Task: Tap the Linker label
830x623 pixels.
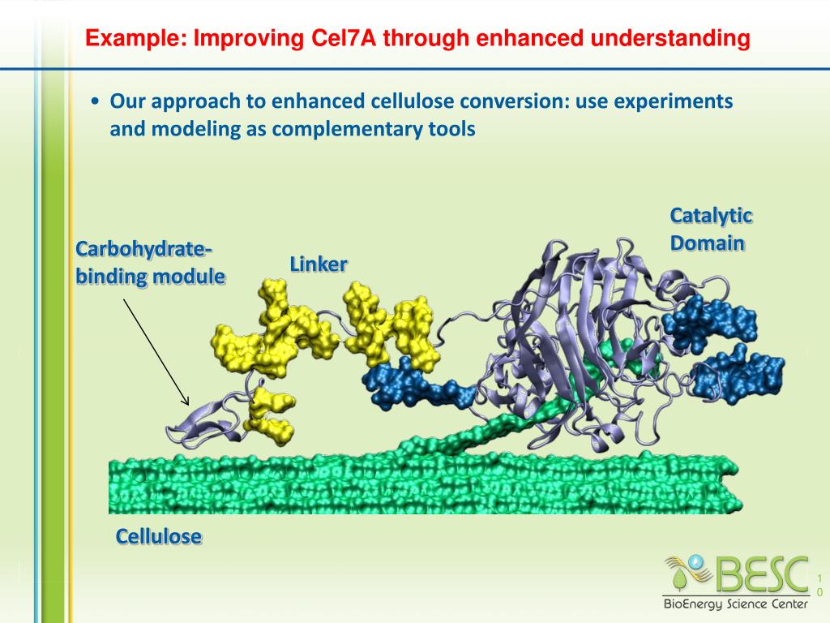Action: [x=319, y=264]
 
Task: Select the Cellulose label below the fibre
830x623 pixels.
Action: [x=158, y=536]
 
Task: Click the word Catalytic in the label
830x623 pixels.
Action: [x=711, y=216]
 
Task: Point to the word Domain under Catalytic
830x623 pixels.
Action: [x=707, y=243]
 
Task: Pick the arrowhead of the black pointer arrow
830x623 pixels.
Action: [x=186, y=401]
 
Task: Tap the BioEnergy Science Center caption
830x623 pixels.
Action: [x=735, y=604]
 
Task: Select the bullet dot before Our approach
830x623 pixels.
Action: [x=96, y=102]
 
